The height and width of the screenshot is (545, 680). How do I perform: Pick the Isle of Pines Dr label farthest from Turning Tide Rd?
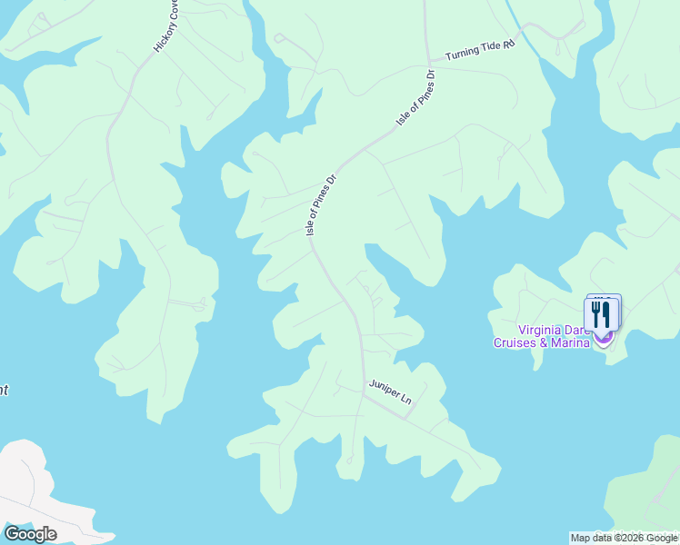pos(322,206)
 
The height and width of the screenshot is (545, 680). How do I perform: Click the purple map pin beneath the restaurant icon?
pos(604,338)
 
